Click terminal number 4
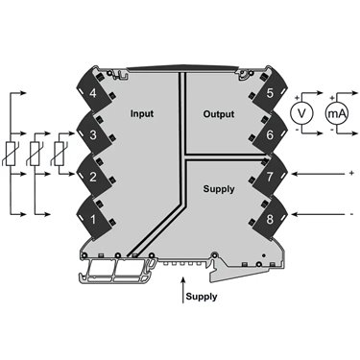click(x=93, y=94)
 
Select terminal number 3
click(x=93, y=135)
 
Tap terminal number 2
click(x=93, y=177)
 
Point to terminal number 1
click(x=93, y=220)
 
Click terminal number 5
click(x=270, y=94)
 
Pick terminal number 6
click(x=270, y=135)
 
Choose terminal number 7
click(x=270, y=177)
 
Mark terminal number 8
click(x=270, y=220)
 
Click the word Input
click(x=142, y=114)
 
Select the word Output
click(x=219, y=114)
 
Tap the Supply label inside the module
click(x=219, y=189)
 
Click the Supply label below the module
click(x=202, y=297)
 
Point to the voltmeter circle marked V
click(x=301, y=113)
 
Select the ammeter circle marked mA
click(x=337, y=113)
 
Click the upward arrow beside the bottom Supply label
click(x=182, y=290)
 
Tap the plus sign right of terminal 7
click(x=351, y=173)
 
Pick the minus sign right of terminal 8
click(x=351, y=214)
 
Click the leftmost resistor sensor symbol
click(x=11, y=154)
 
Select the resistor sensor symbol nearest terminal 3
click(x=59, y=154)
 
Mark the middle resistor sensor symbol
click(x=35, y=154)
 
